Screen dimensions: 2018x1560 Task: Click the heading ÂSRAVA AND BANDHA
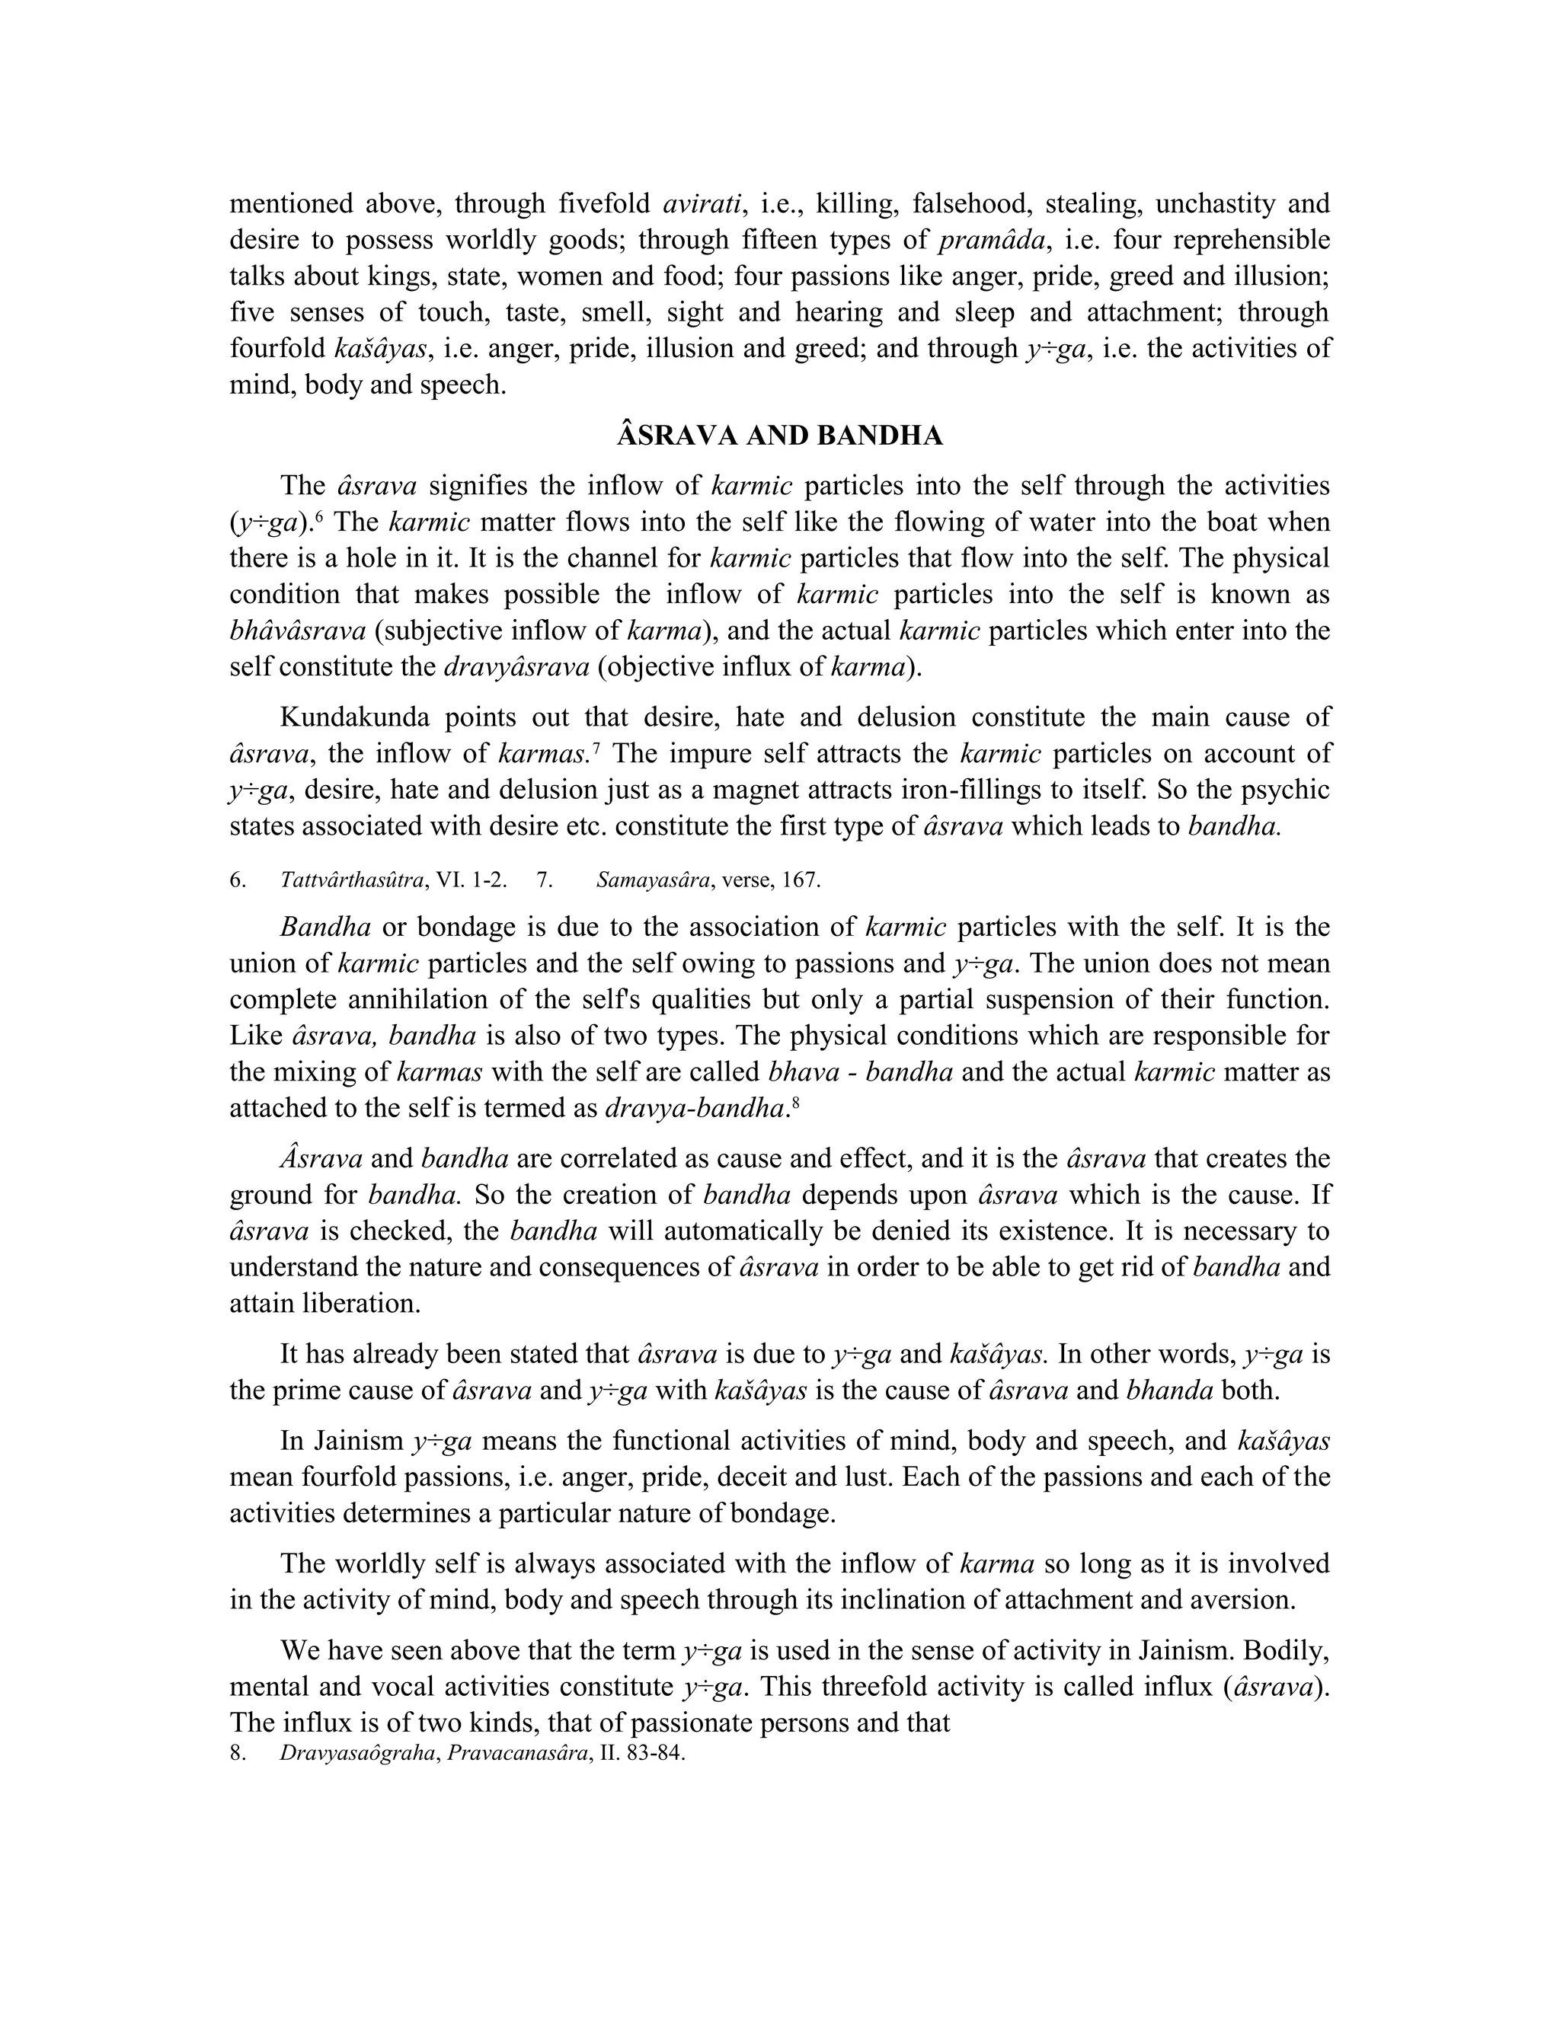point(779,436)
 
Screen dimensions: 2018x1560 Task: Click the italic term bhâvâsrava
point(298,631)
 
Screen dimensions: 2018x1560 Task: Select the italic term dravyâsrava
point(516,667)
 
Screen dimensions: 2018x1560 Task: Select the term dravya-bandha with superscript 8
point(694,1108)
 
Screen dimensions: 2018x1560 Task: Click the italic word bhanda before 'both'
point(1169,1391)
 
